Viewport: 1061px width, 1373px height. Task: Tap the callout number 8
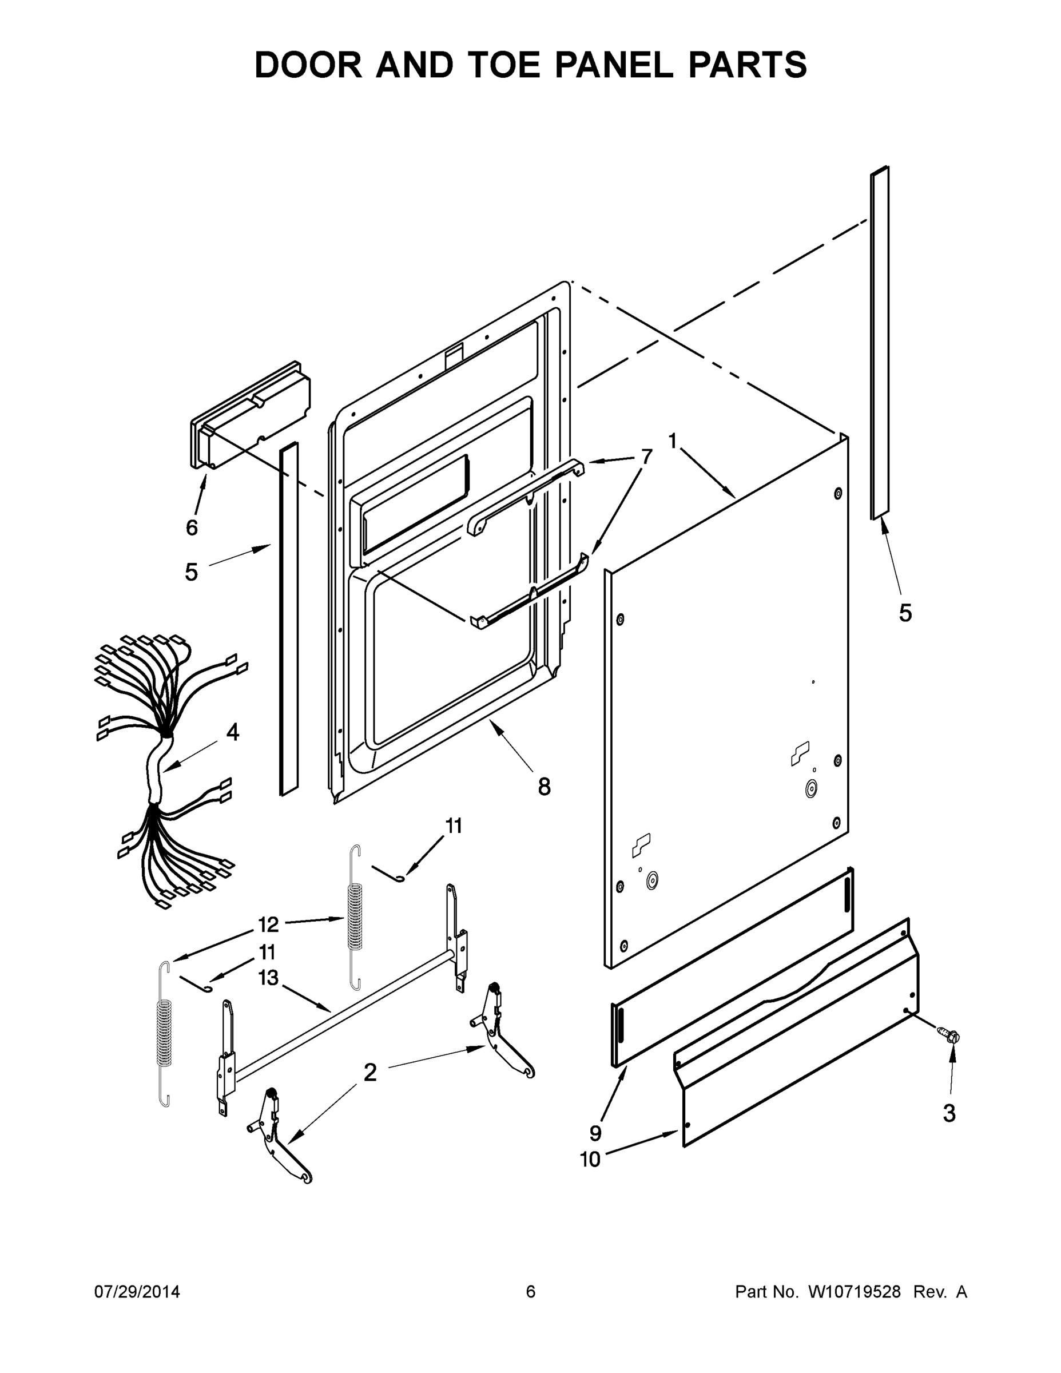click(x=545, y=787)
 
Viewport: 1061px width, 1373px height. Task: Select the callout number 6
click(x=192, y=527)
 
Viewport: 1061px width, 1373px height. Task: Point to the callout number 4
click(x=233, y=732)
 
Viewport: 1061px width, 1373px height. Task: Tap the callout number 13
click(x=268, y=978)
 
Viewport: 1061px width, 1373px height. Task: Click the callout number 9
click(x=595, y=1133)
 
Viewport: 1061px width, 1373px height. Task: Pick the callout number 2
click(x=370, y=1072)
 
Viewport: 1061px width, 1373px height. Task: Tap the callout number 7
click(x=646, y=456)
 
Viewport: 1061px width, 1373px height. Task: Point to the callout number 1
click(x=673, y=441)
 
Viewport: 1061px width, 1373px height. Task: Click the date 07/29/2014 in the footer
click(x=137, y=1291)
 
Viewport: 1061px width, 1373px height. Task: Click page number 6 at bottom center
click(x=531, y=1291)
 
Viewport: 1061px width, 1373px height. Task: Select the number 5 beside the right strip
click(x=905, y=613)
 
